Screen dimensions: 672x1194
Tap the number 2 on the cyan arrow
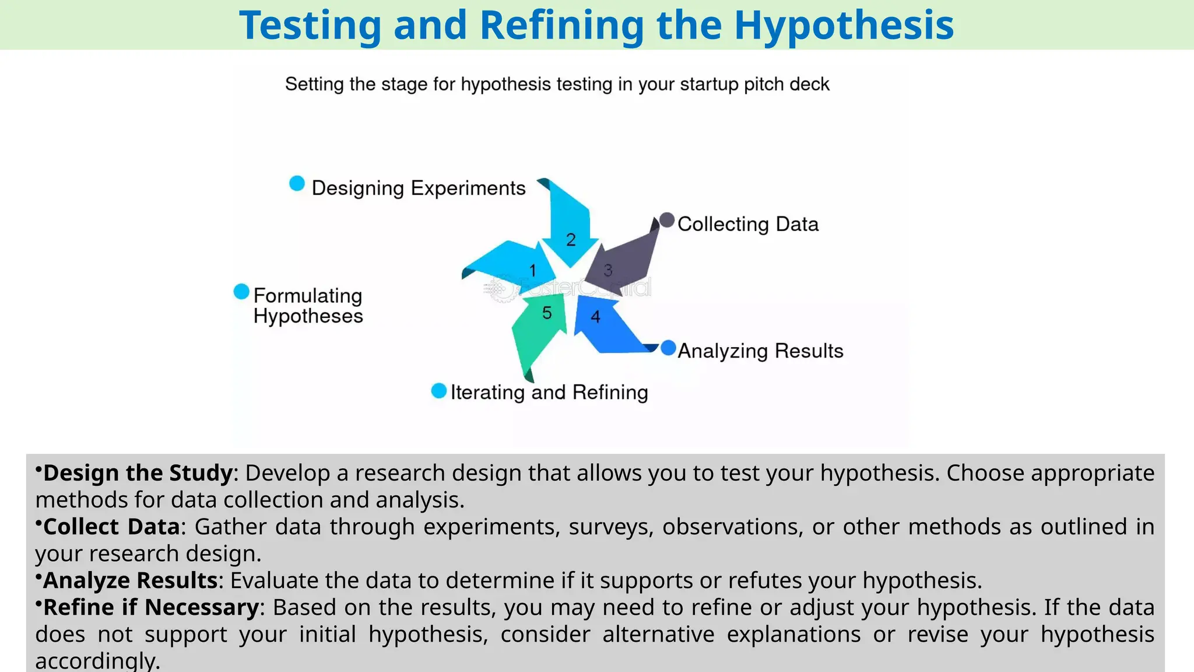(571, 240)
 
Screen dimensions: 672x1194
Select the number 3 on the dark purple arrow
(608, 271)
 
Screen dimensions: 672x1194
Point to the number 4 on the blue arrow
(595, 317)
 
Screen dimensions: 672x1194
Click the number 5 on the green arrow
(547, 313)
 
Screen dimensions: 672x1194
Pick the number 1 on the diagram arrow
(532, 271)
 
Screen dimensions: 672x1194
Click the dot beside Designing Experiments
(297, 184)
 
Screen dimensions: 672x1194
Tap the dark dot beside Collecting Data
(667, 220)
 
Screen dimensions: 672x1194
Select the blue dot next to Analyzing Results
(668, 348)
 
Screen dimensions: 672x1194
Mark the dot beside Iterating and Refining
(438, 391)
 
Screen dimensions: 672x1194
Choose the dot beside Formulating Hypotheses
(241, 292)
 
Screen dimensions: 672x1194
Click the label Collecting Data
(747, 224)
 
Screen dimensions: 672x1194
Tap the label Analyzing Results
(760, 351)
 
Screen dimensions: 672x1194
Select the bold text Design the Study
(138, 473)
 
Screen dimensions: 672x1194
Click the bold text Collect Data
(111, 527)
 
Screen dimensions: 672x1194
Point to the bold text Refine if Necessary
(151, 607)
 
